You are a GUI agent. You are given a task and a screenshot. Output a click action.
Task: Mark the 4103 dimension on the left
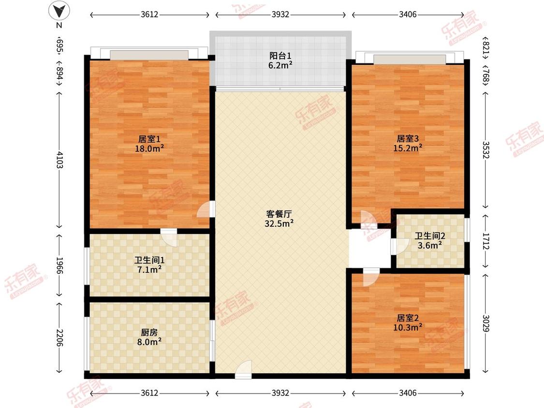pos(59,159)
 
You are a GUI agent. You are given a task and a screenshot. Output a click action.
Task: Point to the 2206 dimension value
pos(59,337)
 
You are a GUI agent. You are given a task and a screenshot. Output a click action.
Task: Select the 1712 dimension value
pos(486,240)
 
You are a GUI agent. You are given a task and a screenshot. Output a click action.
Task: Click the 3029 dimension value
pos(486,322)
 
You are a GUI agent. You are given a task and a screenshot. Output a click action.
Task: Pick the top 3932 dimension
pos(280,15)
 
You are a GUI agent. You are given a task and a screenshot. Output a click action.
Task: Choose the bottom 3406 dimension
pos(408,393)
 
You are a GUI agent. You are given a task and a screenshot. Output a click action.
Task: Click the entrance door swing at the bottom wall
pos(243,369)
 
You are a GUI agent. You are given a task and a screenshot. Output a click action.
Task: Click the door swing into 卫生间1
pos(169,237)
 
